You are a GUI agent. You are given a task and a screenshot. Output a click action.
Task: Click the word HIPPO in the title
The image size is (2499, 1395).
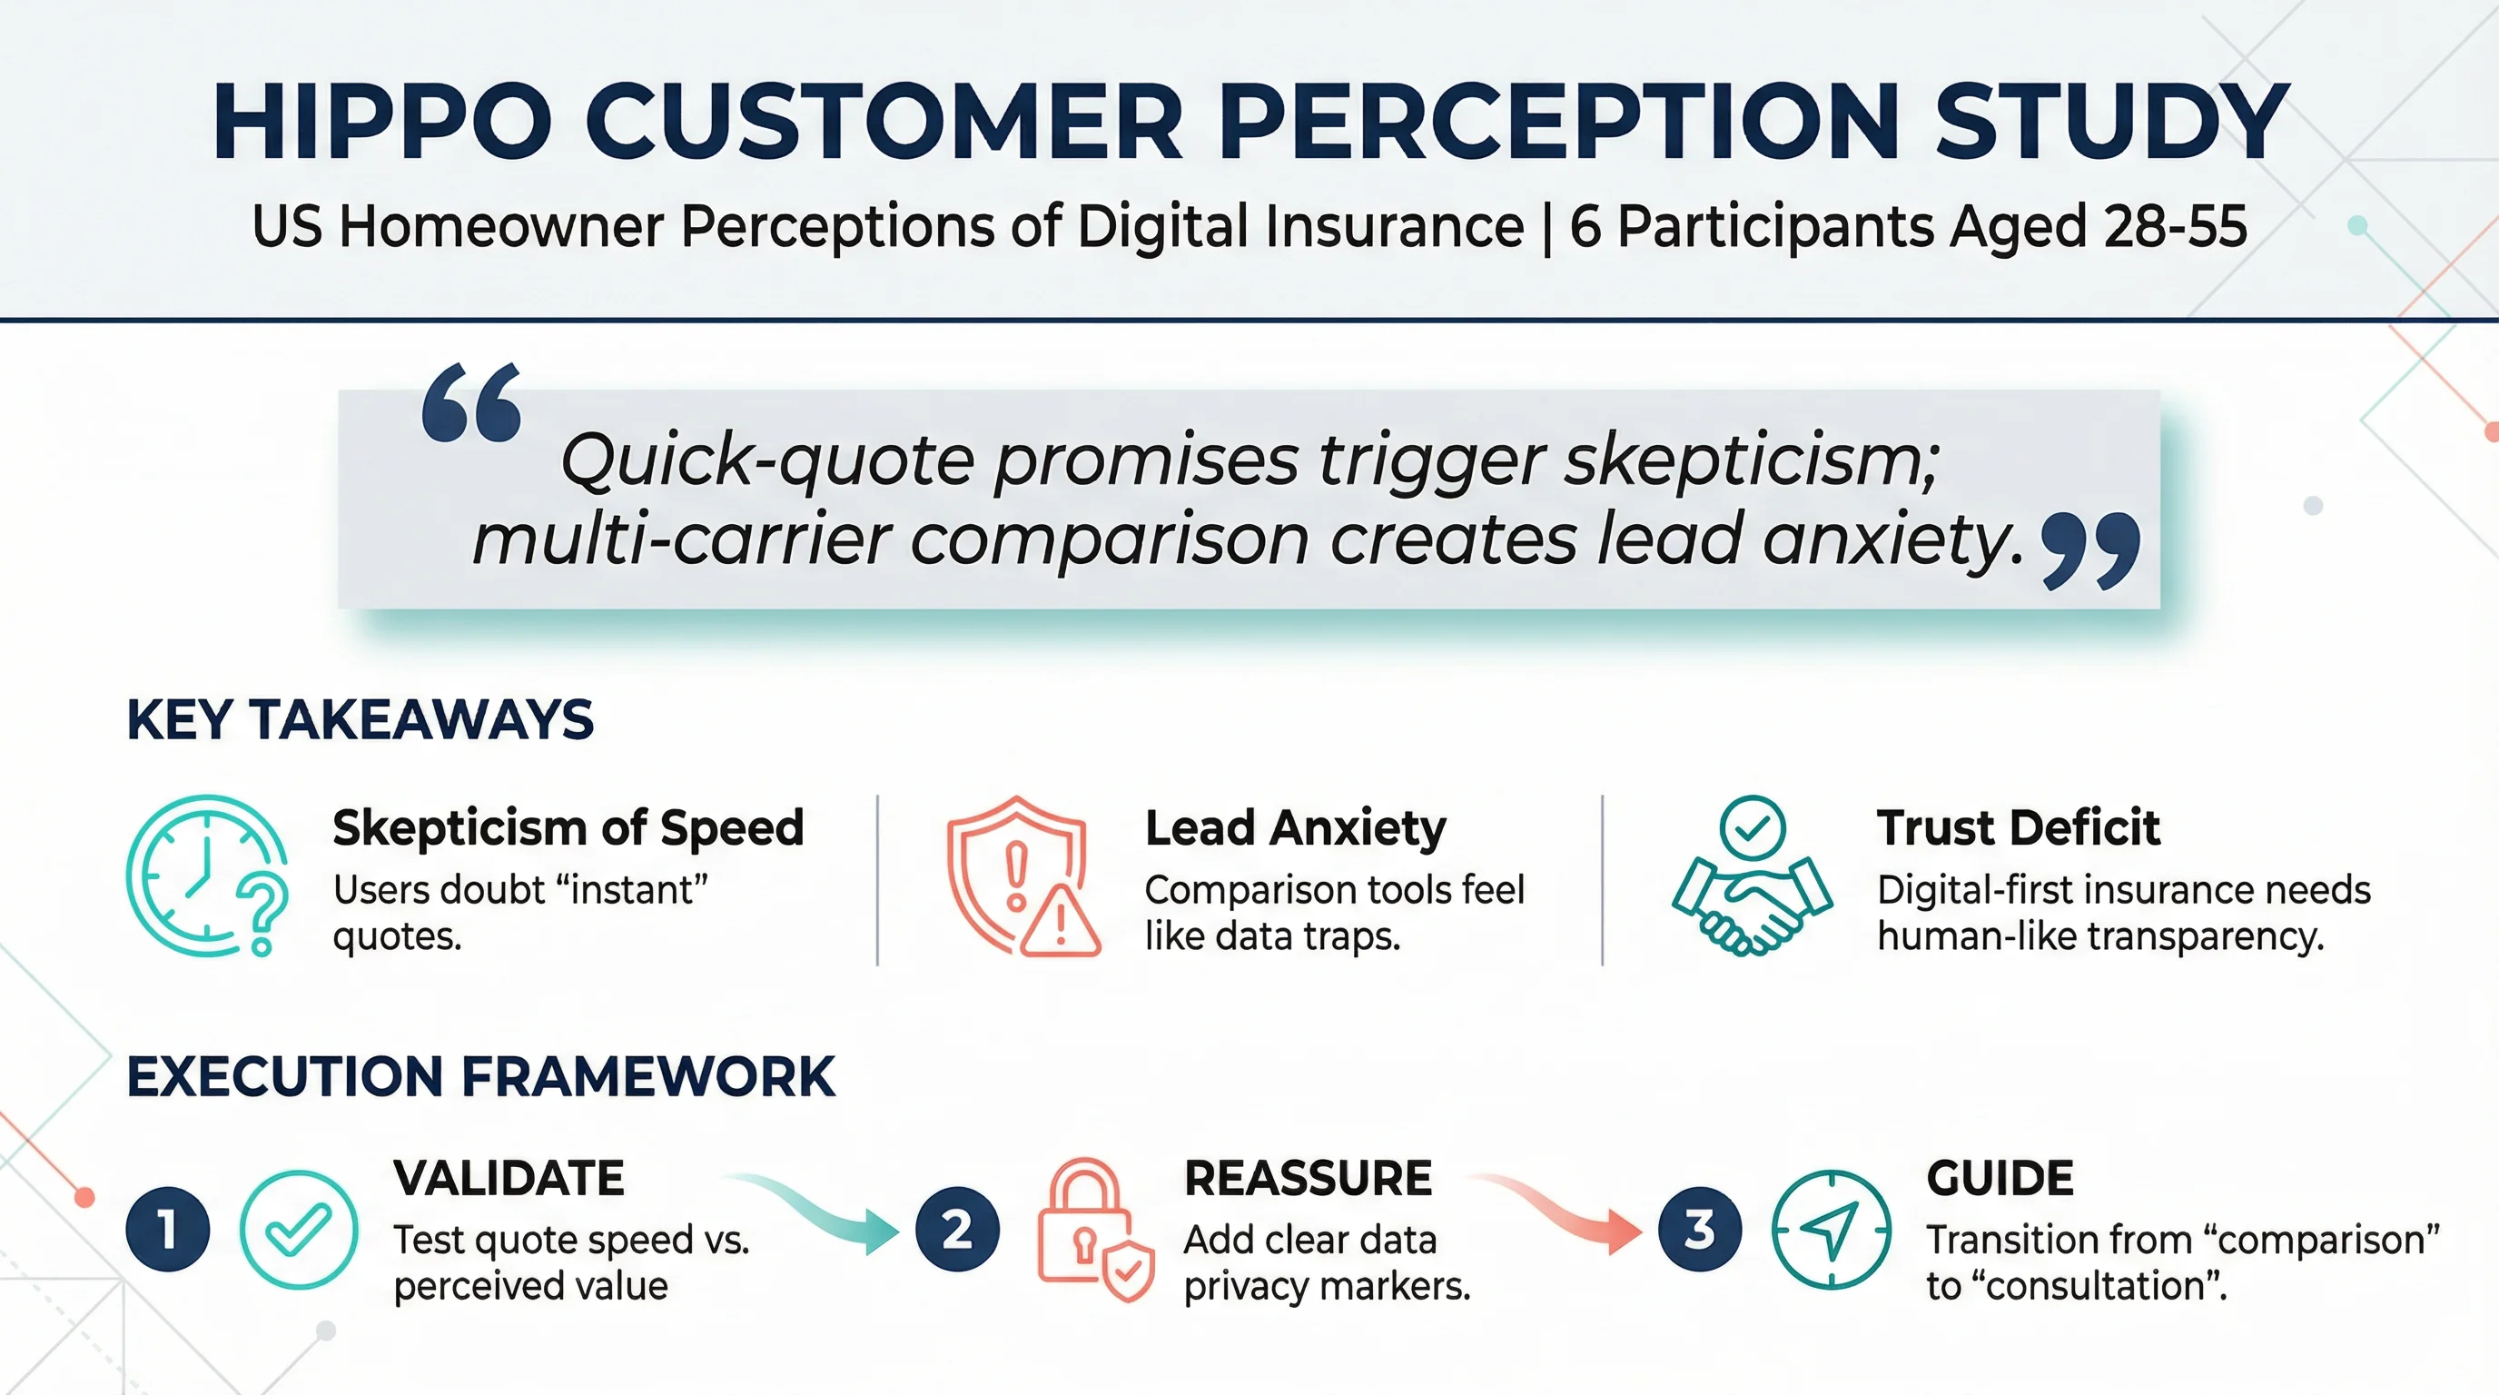(x=381, y=123)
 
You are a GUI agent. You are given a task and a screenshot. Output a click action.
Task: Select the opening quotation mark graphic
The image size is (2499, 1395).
(x=472, y=402)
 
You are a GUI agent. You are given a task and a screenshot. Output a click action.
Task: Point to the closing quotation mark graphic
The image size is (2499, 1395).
(x=2090, y=550)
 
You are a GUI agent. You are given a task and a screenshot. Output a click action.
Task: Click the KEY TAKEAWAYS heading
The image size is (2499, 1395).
(x=360, y=720)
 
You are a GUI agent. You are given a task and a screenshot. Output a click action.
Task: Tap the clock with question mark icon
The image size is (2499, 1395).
(x=207, y=876)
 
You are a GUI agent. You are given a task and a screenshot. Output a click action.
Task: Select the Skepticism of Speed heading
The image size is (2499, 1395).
(x=568, y=827)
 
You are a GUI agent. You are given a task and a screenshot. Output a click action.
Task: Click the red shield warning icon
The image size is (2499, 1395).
(x=1022, y=876)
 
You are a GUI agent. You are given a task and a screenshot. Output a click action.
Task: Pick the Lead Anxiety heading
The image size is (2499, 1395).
(x=1295, y=827)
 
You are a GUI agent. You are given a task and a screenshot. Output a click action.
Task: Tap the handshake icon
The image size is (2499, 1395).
(x=1752, y=878)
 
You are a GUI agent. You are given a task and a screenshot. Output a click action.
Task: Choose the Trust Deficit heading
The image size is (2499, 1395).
(x=2018, y=827)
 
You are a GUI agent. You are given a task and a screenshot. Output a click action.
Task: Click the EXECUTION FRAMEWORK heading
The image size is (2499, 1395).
(x=480, y=1077)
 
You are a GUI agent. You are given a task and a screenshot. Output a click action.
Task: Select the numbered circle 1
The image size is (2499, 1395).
(x=168, y=1229)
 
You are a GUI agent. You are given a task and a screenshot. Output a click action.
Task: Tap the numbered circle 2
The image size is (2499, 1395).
(x=957, y=1229)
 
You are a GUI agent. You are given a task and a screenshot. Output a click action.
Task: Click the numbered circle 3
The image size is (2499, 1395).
(x=1700, y=1229)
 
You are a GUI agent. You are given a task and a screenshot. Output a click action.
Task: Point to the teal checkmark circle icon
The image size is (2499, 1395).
(x=299, y=1229)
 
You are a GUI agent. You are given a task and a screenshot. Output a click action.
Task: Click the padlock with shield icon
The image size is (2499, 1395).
(x=1094, y=1229)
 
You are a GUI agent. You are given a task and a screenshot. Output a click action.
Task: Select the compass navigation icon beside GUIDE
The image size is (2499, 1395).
(x=1831, y=1229)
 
